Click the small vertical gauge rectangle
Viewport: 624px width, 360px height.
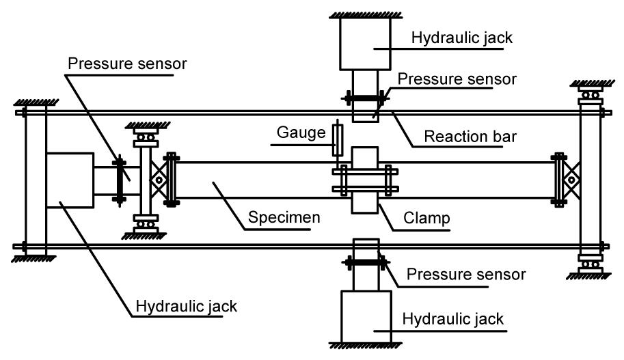[x=335, y=139]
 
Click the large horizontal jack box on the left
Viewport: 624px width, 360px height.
[x=70, y=180]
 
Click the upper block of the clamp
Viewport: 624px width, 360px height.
[x=368, y=156]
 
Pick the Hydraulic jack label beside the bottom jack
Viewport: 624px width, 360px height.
[x=453, y=319]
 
